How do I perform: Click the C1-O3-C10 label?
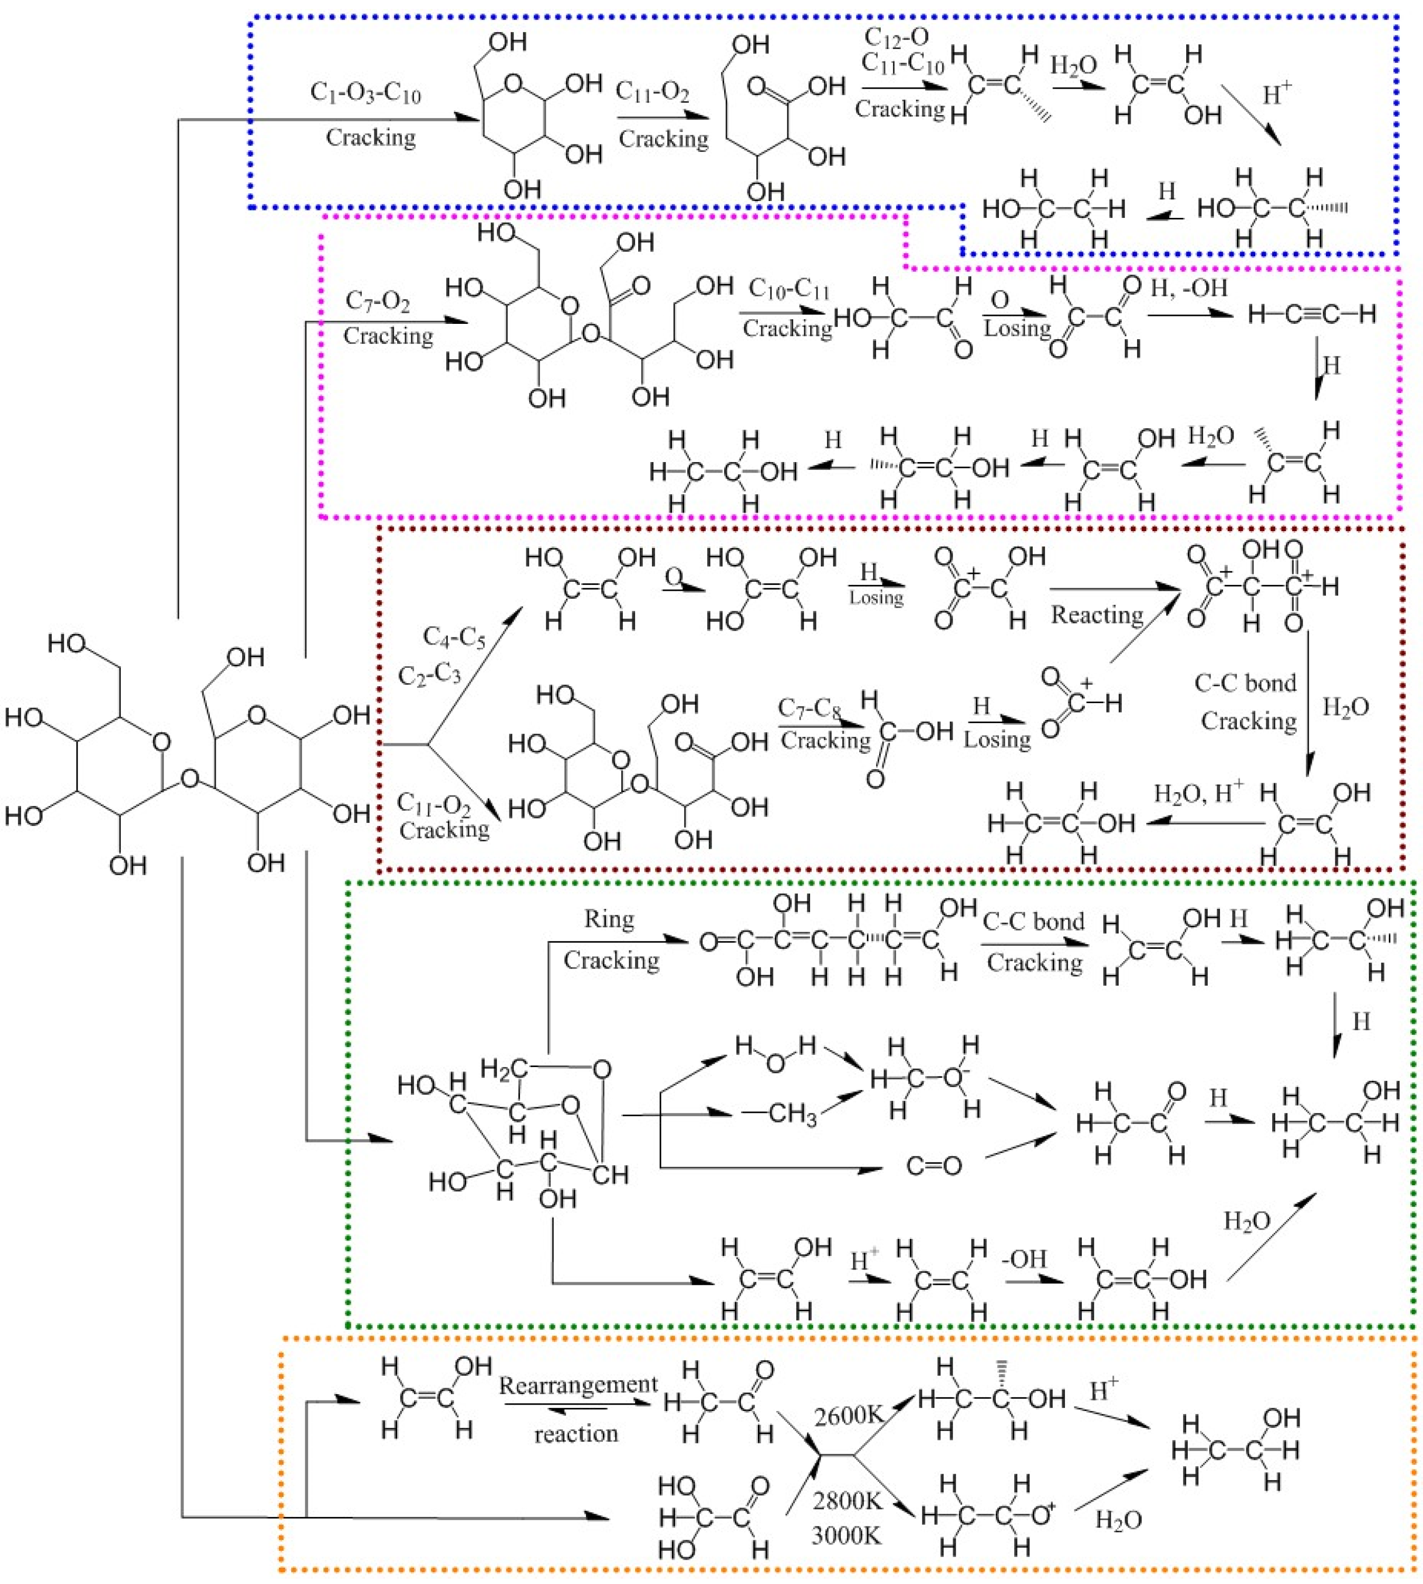(365, 94)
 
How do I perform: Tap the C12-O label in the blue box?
(896, 36)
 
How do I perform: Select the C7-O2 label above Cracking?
(378, 301)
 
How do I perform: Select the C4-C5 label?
(454, 637)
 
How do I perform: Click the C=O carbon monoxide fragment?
(934, 1166)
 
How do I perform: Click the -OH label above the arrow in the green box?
(1023, 1259)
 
